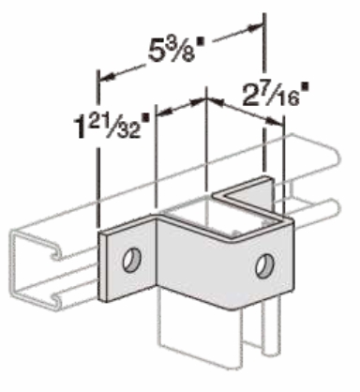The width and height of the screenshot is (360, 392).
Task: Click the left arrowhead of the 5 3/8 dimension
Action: pos(104,75)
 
